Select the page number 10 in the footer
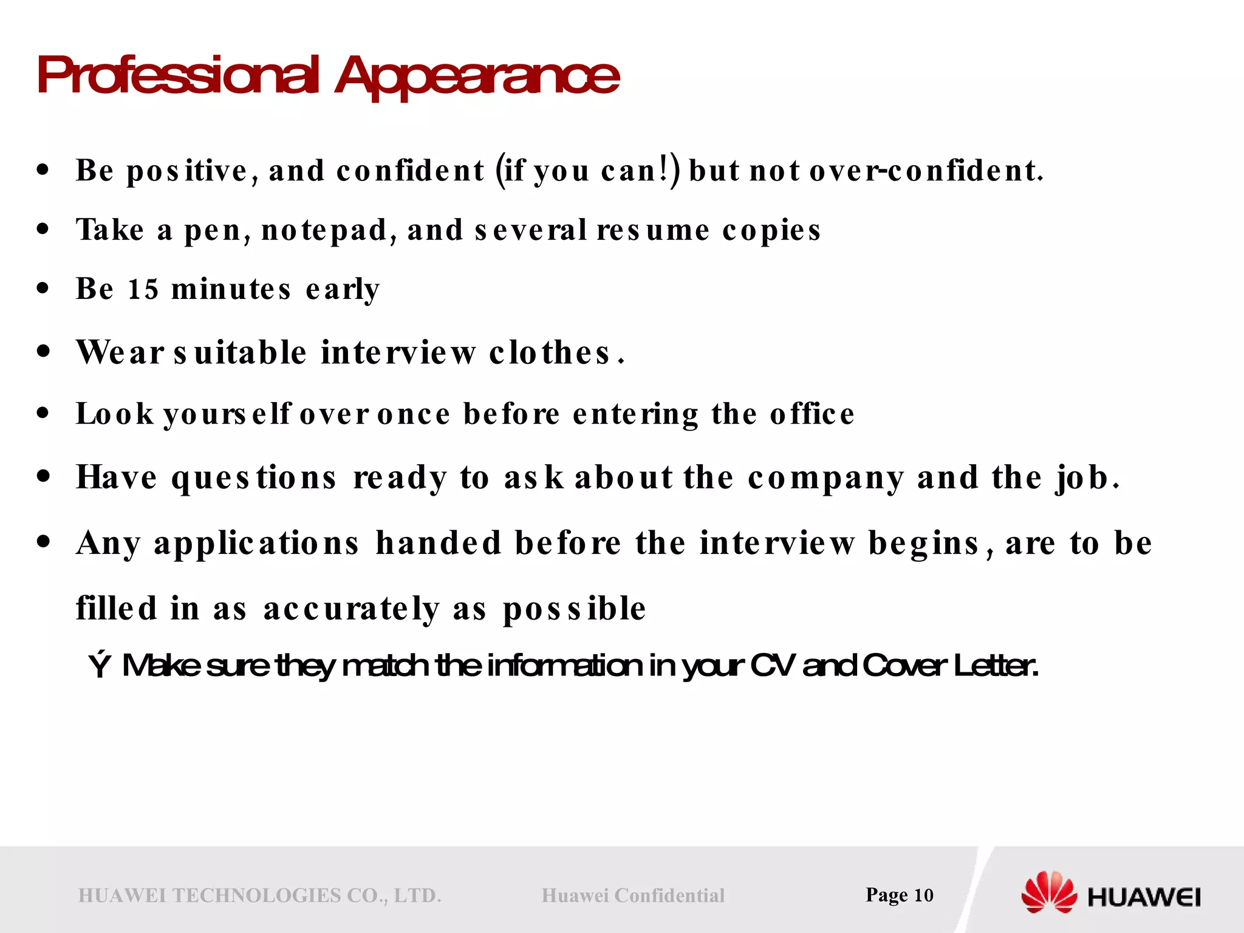tap(923, 895)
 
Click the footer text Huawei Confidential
tap(633, 895)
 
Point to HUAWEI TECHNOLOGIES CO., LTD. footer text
tap(260, 895)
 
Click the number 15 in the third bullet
tap(143, 289)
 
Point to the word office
tap(812, 414)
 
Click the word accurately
tap(351, 609)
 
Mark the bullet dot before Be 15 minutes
tap(42, 289)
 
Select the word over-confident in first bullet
tap(926, 171)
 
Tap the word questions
tap(253, 478)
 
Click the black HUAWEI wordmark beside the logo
tap(1144, 897)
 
